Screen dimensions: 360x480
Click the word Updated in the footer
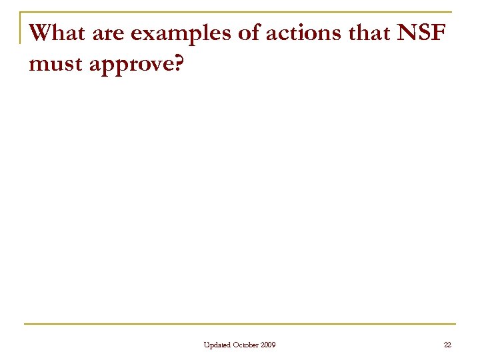(x=219, y=344)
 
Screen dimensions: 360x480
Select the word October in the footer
(x=247, y=344)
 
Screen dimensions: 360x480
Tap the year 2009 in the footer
(x=268, y=344)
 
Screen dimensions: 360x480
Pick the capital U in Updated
(x=207, y=344)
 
